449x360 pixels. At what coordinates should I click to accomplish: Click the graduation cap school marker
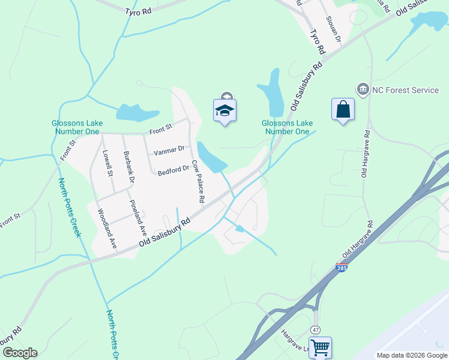[x=224, y=110]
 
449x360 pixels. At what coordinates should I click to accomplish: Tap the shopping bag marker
[x=343, y=109]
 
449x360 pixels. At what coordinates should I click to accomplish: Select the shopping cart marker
[x=320, y=347]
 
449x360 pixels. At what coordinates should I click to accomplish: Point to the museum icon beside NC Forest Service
[x=363, y=90]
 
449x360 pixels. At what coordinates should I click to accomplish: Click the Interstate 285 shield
[x=341, y=268]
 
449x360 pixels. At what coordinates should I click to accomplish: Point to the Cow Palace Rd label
[x=199, y=181]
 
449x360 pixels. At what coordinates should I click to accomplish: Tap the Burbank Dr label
[x=129, y=170]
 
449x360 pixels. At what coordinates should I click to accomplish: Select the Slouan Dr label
[x=334, y=27]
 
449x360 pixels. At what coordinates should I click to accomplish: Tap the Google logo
[x=20, y=353]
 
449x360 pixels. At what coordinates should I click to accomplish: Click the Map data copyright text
[x=412, y=355]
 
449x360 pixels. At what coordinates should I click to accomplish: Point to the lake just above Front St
[x=135, y=112]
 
